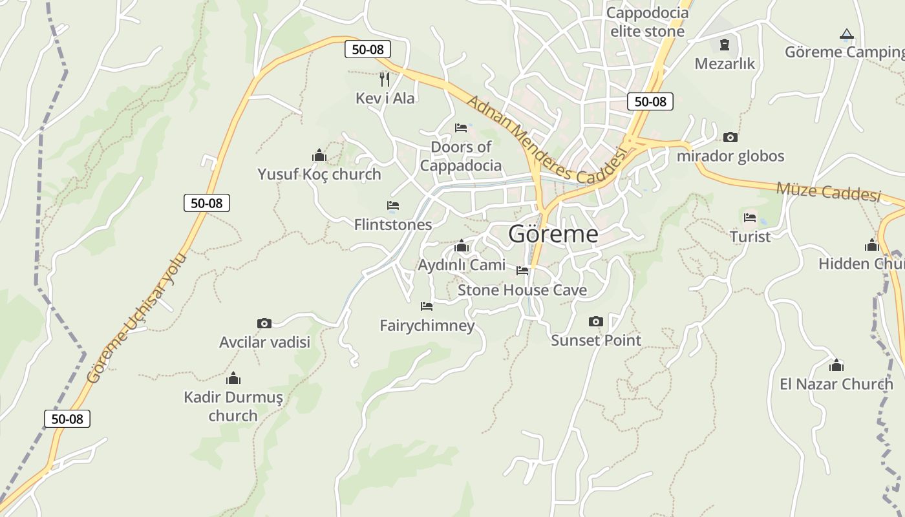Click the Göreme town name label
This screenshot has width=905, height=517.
[553, 234]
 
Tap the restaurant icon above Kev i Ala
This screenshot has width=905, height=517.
[385, 79]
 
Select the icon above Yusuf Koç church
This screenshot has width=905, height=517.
[319, 155]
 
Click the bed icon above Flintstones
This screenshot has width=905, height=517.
[393, 206]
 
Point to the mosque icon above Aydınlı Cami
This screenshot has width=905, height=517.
[462, 246]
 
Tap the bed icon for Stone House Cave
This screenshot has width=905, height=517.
[522, 271]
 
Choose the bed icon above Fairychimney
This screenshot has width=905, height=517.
[427, 306]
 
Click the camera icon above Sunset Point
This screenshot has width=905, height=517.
[596, 321]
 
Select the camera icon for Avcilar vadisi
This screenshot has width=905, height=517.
[264, 323]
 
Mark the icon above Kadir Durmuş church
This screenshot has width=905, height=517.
[233, 378]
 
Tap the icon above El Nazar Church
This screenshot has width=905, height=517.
[836, 365]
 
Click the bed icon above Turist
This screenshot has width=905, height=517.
[750, 217]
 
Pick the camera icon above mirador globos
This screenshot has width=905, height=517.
[730, 137]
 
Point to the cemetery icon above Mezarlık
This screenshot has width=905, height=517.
[725, 45]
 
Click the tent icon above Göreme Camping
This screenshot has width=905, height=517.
[847, 34]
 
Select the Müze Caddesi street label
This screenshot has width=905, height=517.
[829, 191]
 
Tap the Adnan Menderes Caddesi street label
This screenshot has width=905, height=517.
[546, 139]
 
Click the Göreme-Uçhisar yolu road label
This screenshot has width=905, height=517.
[136, 319]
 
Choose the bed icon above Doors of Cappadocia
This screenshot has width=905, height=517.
[461, 127]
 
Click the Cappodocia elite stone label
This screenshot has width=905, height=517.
[647, 22]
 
